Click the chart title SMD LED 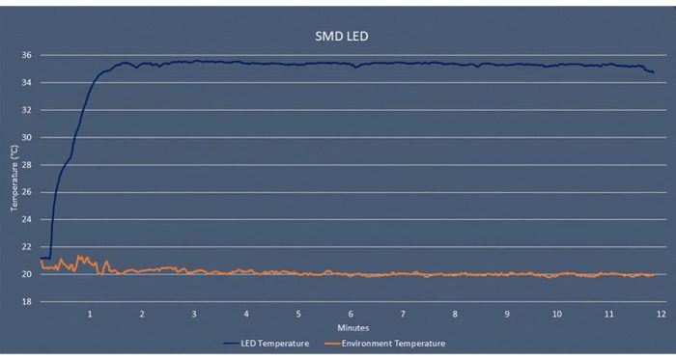(x=342, y=36)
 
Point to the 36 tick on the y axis (x=27, y=55)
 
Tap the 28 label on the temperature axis (x=27, y=165)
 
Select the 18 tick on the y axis (x=27, y=301)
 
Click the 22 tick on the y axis (x=27, y=247)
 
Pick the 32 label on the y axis (x=27, y=110)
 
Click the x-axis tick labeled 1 (x=90, y=315)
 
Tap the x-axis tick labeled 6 (x=351, y=315)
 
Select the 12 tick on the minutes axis (x=661, y=315)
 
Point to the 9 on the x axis (x=507, y=315)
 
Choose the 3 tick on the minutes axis (x=194, y=315)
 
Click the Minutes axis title (x=353, y=328)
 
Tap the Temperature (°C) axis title (x=14, y=178)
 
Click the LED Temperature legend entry (x=267, y=344)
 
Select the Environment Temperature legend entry (x=384, y=344)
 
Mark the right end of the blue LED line (x=654, y=73)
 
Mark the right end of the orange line (x=654, y=275)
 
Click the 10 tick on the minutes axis (x=557, y=315)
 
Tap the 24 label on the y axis (x=27, y=220)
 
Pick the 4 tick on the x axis (x=246, y=315)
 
